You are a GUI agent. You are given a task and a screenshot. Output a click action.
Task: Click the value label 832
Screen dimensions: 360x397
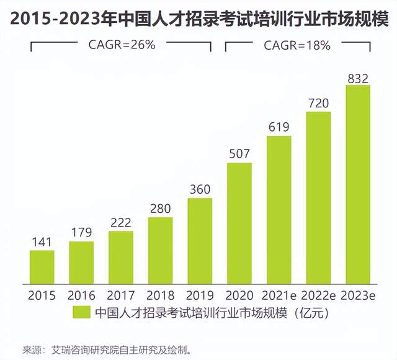coord(358,78)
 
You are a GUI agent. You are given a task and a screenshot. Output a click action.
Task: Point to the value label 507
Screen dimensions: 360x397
coord(239,155)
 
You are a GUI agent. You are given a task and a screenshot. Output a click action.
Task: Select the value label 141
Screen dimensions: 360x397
coord(42,243)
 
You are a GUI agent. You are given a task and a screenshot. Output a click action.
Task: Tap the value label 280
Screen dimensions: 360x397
coord(160,209)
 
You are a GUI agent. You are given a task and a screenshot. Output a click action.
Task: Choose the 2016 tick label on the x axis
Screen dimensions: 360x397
coord(81,295)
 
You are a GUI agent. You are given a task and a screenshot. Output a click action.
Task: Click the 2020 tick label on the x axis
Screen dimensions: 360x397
coord(239,295)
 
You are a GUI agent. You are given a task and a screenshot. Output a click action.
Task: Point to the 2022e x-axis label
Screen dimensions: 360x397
coord(318,295)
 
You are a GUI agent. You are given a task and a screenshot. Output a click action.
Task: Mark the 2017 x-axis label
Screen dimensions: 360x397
coord(121,295)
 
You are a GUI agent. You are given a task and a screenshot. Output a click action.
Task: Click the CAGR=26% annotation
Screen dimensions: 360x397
coord(121,45)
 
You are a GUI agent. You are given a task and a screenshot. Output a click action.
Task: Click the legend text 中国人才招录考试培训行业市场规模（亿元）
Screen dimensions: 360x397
coord(208,312)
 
